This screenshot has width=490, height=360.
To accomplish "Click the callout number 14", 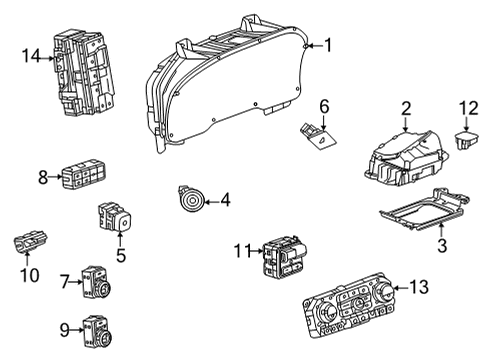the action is (x=31, y=56).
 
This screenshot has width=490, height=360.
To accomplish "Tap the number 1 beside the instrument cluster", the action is (x=329, y=45).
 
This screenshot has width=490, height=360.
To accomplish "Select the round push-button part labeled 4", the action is (x=191, y=199).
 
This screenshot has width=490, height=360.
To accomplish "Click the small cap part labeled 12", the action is (x=466, y=141).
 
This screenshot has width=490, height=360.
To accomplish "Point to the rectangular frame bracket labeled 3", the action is (x=425, y=209).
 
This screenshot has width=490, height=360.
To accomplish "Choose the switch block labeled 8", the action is (x=84, y=174).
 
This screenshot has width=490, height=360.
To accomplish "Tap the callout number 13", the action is (x=419, y=287).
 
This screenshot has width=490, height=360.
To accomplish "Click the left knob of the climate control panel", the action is (x=327, y=313).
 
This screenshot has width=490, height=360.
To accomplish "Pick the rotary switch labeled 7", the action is (x=97, y=282).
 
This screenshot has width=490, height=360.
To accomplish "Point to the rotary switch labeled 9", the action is (x=98, y=332).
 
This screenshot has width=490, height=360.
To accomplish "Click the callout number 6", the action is (x=324, y=107).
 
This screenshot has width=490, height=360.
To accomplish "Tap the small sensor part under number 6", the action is (x=318, y=137).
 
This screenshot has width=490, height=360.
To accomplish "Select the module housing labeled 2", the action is (x=406, y=158).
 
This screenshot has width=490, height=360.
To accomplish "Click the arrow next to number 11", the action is (x=257, y=251).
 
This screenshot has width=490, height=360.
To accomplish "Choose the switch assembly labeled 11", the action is (x=285, y=257).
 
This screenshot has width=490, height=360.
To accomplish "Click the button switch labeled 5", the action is (x=115, y=217).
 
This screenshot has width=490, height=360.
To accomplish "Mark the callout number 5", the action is (x=121, y=256).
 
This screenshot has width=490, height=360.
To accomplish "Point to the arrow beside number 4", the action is (x=211, y=202).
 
